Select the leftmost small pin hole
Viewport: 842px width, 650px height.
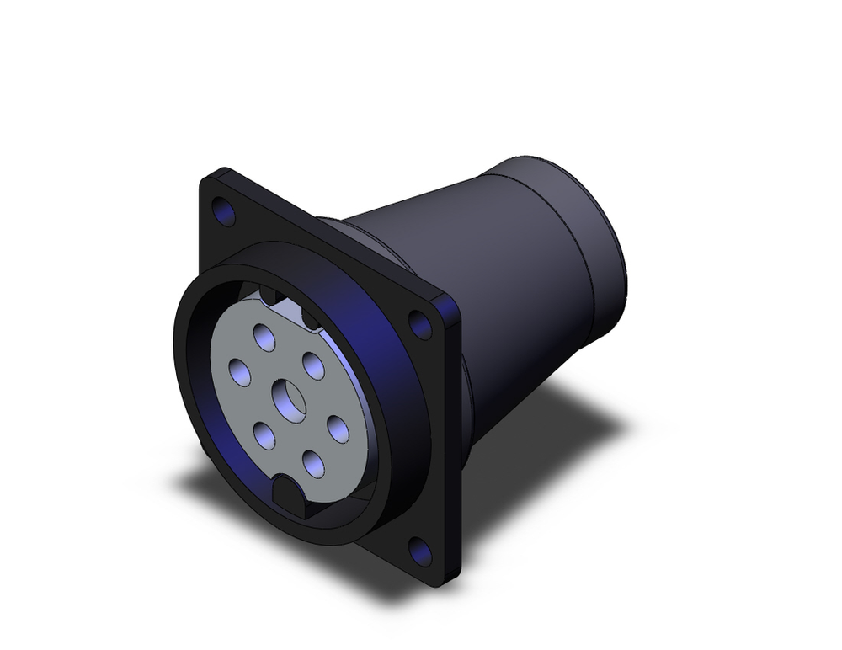click(x=239, y=371)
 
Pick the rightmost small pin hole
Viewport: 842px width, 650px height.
click(x=338, y=429)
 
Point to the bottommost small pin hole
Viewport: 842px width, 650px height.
click(x=313, y=464)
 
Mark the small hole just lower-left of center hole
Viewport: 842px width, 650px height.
click(x=264, y=435)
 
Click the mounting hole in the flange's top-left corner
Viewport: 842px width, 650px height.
click(x=224, y=211)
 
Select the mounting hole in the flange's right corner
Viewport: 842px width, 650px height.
click(x=420, y=322)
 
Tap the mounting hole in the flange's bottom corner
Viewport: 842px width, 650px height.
click(x=420, y=551)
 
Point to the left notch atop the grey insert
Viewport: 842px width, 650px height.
click(x=270, y=295)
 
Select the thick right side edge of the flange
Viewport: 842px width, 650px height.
click(x=454, y=438)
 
